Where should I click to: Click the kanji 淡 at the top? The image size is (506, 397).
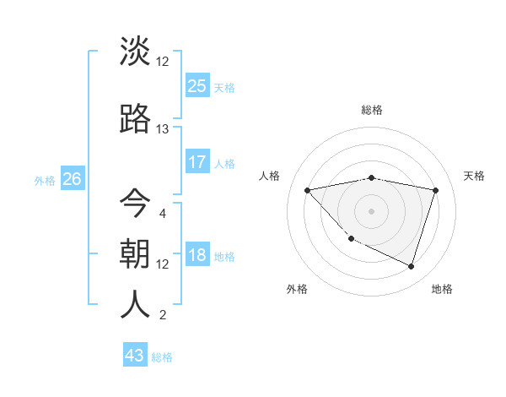tap(136, 52)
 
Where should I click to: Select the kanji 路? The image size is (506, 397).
tap(136, 119)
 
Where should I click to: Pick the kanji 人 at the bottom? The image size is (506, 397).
tap(136, 304)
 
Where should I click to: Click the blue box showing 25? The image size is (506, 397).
tap(197, 85)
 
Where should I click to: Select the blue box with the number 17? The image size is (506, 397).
tap(197, 161)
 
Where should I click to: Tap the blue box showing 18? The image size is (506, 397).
tap(197, 256)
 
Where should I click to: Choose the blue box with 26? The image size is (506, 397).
tap(72, 178)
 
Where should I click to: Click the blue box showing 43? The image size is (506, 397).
tap(135, 356)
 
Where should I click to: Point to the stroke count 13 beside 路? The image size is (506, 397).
tap(163, 129)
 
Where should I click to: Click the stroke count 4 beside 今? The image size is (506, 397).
tap(162, 213)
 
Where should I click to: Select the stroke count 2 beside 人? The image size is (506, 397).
tap(162, 316)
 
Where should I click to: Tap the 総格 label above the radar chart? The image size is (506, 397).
tap(372, 110)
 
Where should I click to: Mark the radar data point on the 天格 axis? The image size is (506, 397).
tap(436, 190)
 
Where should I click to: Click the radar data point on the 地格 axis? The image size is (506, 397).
tap(411, 267)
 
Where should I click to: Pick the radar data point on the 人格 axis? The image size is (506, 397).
tap(307, 190)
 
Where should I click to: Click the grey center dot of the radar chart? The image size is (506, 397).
tap(371, 210)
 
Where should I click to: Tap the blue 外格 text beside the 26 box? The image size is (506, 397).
tap(45, 180)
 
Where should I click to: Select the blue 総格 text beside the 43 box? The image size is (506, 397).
tap(163, 357)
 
